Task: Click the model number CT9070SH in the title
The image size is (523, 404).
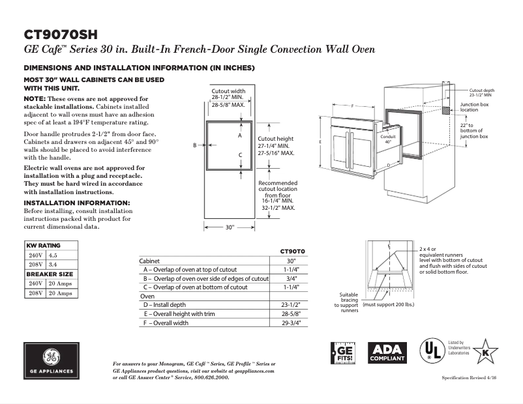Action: pos(61,34)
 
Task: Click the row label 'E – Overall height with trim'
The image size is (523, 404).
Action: pos(188,313)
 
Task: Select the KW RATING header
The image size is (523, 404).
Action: pos(43,246)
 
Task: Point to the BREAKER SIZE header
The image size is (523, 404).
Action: pos(50,274)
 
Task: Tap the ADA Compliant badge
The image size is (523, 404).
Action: pos(388,353)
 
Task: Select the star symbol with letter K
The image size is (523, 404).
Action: pos(484,352)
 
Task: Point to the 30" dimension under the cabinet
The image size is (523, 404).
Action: pos(230,227)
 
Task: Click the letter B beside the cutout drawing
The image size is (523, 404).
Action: pos(195,145)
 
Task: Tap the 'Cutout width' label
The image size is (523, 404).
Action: pos(228,91)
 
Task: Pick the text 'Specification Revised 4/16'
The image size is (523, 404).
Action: pos(470,378)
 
